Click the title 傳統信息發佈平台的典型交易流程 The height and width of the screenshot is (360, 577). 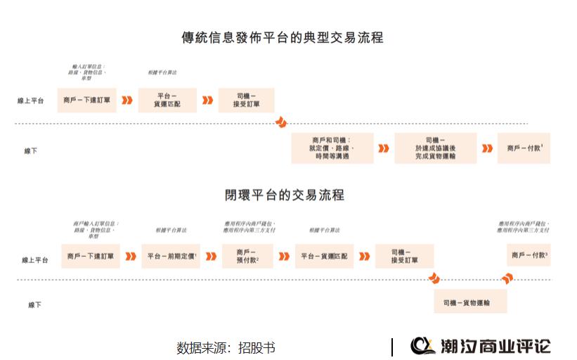pyautogui.click(x=282, y=37)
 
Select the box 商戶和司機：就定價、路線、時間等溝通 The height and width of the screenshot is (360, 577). pyautogui.click(x=332, y=148)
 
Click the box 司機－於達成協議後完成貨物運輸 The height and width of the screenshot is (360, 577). pyautogui.click(x=435, y=148)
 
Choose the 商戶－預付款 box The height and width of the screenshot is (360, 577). pyautogui.click(x=248, y=257)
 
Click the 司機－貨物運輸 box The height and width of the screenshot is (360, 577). pyautogui.click(x=469, y=302)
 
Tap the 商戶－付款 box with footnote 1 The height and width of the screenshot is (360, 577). pyautogui.click(x=524, y=148)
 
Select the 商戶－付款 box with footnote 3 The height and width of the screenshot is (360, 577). pyautogui.click(x=529, y=255)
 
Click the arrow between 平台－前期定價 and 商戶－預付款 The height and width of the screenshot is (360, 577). pyautogui.click(x=210, y=257)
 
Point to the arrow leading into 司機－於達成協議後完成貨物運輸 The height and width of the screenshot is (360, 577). pyautogui.click(x=383, y=148)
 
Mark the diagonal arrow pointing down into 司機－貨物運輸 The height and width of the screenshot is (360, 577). pyautogui.click(x=434, y=278)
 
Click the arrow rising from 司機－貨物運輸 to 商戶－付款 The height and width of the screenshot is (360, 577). pyautogui.click(x=506, y=278)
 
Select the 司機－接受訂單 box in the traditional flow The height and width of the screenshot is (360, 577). pyautogui.click(x=246, y=100)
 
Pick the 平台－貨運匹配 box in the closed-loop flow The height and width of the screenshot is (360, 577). pyautogui.click(x=324, y=257)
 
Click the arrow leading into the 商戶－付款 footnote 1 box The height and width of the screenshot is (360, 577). pyautogui.click(x=487, y=148)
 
